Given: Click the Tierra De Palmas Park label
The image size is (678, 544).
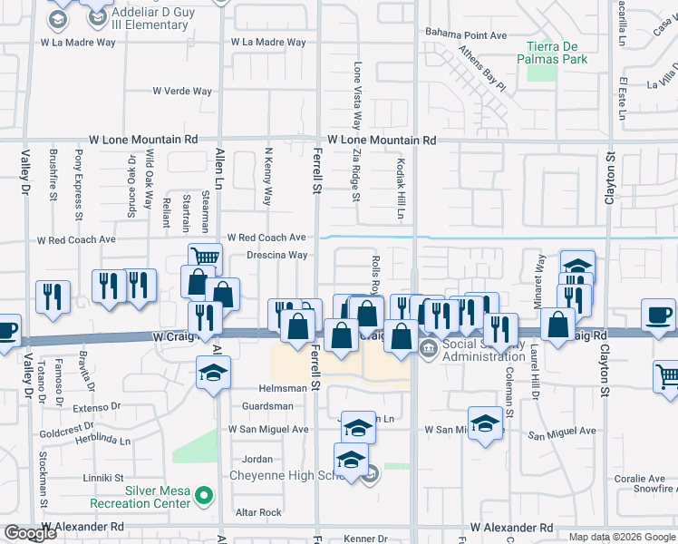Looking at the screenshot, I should [557, 53].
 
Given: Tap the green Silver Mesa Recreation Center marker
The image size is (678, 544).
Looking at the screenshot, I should [205, 495].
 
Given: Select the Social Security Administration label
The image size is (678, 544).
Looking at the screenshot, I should [497, 350].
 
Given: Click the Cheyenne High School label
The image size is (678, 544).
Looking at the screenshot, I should [283, 475].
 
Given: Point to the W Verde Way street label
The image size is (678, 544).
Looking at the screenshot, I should [182, 92].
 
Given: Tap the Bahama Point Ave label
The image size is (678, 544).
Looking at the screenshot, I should [466, 35].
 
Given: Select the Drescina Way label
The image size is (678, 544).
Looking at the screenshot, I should [276, 256].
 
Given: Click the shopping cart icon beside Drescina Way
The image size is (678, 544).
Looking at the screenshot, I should [205, 257].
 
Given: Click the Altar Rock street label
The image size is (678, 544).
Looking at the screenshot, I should [258, 512].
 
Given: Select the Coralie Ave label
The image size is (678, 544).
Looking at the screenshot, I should [640, 479].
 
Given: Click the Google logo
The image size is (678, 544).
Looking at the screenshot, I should [30, 533].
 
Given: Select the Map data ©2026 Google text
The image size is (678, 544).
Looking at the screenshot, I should [622, 537].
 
